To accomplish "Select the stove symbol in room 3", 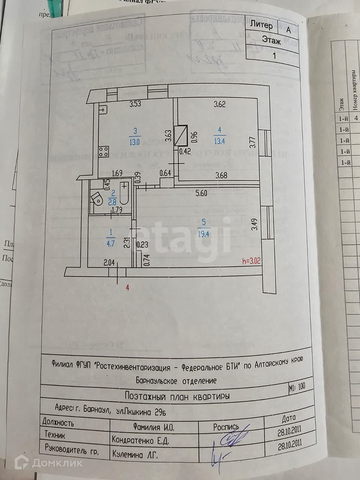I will click(x=104, y=151).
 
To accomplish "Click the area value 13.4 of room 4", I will click(x=220, y=141).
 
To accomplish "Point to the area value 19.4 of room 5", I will click(x=203, y=234).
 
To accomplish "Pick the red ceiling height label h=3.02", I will click(x=251, y=261).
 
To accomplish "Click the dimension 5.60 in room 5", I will click(x=201, y=193).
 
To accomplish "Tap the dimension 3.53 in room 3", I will click(x=135, y=104).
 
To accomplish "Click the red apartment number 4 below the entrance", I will click(x=128, y=288).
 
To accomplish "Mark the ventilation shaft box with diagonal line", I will click(x=182, y=135).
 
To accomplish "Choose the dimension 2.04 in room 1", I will click(x=109, y=263).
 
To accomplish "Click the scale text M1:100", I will click(x=297, y=386).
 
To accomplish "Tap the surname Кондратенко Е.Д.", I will click(x=140, y=440).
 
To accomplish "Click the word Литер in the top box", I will click(x=262, y=25).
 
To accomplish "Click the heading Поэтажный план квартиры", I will click(x=177, y=396).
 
